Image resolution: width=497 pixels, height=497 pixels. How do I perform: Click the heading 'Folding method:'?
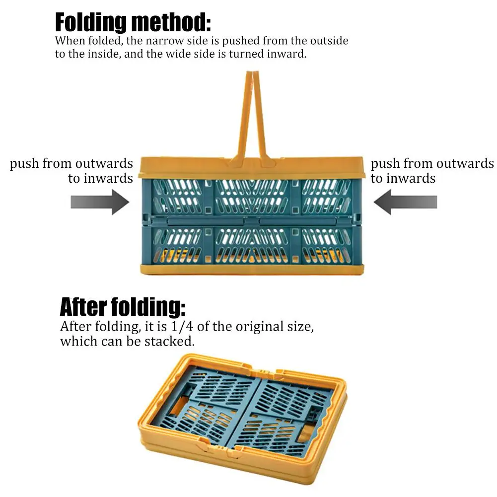coord(133,23)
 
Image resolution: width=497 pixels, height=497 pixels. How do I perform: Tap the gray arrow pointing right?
coord(99,203)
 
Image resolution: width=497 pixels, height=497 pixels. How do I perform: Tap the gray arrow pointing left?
coord(405,203)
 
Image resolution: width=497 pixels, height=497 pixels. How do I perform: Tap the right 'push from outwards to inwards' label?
coord(432,171)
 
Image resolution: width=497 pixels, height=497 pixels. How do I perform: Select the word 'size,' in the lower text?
coord(301,327)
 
